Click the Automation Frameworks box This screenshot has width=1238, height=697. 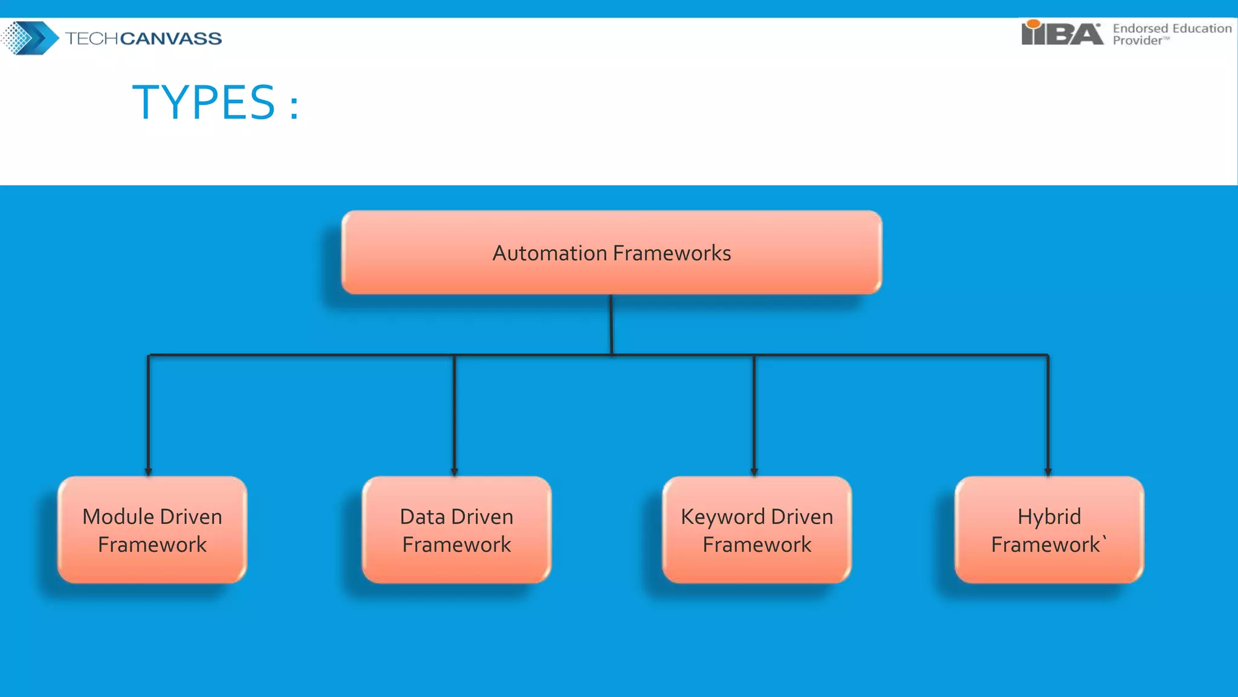pos(611,253)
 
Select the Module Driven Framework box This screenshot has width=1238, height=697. pos(152,530)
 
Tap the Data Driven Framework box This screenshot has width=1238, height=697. pos(456,530)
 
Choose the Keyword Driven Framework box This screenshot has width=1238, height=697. pos(757,530)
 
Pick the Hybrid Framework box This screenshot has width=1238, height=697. pos(1049,530)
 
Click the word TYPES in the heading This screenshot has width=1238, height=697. pos(204,102)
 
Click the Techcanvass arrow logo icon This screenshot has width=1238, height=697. pos(30,38)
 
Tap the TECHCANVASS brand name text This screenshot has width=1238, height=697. pos(143,38)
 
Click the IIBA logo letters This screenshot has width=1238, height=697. pos(1061,34)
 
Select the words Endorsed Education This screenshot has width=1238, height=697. pos(1172,28)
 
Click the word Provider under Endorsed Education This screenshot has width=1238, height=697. pos(1137,41)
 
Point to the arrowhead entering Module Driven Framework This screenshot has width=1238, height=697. pos(148,472)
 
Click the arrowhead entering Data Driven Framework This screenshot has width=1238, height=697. pos(454,472)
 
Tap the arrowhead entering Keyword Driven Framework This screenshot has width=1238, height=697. pos(754,472)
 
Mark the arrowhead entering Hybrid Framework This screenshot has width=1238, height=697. pos(1048,472)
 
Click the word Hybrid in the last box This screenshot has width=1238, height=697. pos(1049,517)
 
